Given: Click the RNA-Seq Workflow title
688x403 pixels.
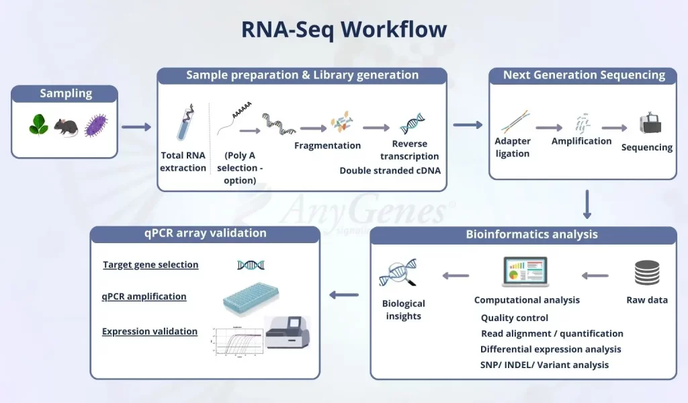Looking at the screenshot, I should click(344, 30).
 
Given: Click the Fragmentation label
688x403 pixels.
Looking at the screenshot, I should click(328, 146).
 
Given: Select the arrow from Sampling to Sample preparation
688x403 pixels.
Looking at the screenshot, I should click(137, 126).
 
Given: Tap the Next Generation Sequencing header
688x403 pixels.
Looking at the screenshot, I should click(584, 75).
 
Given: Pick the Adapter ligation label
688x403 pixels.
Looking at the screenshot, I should click(513, 147).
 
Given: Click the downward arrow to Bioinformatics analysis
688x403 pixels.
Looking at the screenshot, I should click(587, 204).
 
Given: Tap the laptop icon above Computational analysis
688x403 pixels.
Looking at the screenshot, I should click(525, 272).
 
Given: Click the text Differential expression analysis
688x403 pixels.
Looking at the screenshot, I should click(550, 349).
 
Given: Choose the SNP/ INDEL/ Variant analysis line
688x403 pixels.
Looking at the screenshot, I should click(544, 365).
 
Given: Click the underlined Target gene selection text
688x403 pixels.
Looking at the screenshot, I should click(150, 265).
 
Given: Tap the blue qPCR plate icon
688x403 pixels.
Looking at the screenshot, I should click(250, 298).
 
